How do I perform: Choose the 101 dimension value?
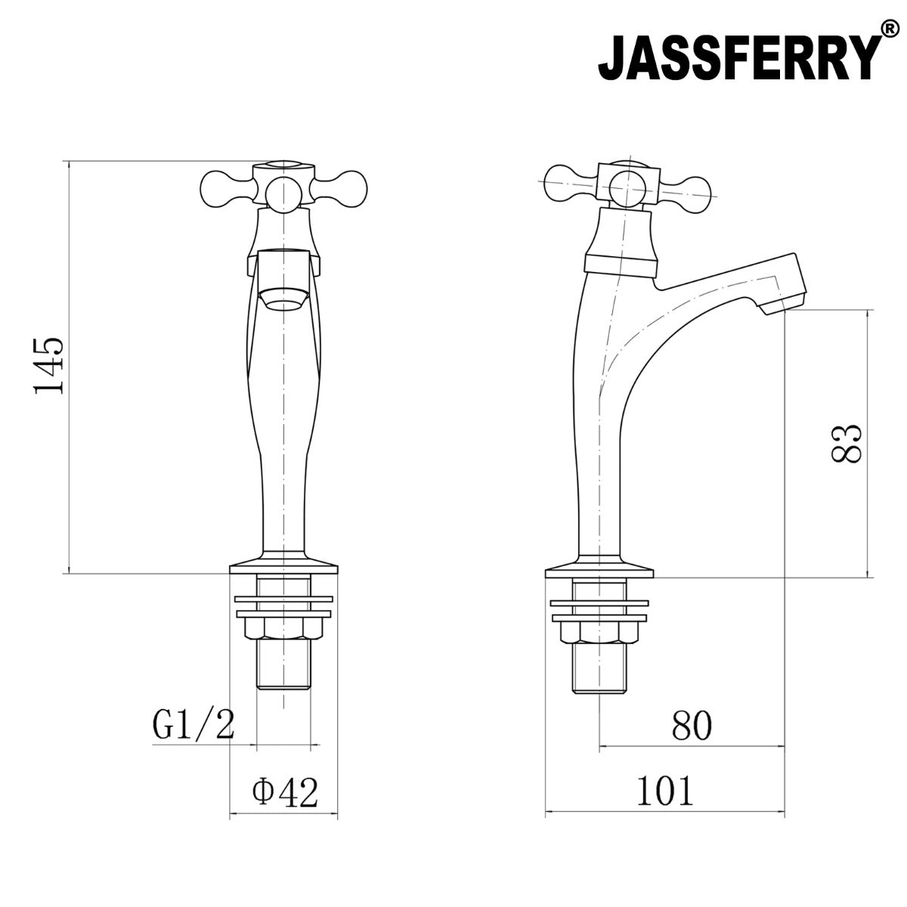tap(664, 792)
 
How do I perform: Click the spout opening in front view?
tap(284, 301)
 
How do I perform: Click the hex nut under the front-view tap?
tap(284, 628)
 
